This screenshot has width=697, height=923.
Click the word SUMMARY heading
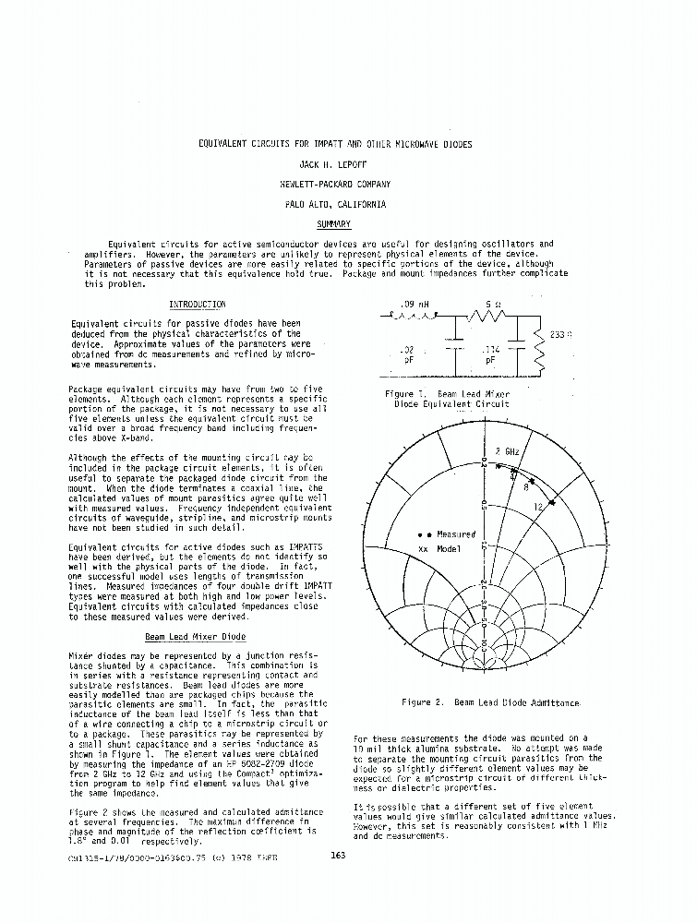(333, 224)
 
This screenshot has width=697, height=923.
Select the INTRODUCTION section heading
(197, 305)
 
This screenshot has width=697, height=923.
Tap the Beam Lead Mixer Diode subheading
(196, 637)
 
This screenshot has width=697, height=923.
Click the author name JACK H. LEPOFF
(334, 164)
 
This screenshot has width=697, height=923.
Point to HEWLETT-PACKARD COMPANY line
(334, 185)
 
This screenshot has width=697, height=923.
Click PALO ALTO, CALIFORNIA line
(334, 205)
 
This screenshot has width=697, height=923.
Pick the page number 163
(337, 855)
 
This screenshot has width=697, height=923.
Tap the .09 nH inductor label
(415, 304)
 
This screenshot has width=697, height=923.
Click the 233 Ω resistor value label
(561, 335)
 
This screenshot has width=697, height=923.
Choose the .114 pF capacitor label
(489, 355)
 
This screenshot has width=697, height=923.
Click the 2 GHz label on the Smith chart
(506, 451)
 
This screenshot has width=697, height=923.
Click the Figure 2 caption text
(490, 702)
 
